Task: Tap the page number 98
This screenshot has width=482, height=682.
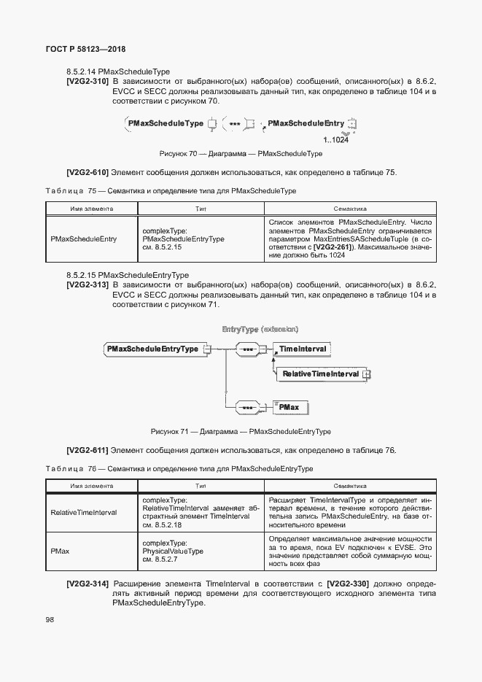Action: point(50,619)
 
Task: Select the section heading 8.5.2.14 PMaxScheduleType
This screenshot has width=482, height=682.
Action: point(117,71)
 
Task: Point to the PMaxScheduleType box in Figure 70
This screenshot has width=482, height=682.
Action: point(166,124)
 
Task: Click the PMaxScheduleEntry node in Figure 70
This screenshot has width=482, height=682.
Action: point(306,124)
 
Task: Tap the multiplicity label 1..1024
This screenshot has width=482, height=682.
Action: point(335,139)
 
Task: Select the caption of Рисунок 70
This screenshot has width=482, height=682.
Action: point(241,154)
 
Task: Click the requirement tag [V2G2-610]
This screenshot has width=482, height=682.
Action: point(88,173)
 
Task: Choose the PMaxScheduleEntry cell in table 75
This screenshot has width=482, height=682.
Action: point(84,239)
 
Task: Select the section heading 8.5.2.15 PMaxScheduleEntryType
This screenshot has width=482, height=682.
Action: point(128,275)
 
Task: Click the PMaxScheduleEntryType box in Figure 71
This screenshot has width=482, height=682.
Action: point(153,349)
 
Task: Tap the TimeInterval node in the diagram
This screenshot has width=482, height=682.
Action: point(302,349)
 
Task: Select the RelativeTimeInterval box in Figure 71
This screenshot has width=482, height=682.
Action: point(320,373)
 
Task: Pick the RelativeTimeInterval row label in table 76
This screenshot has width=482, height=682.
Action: point(84,513)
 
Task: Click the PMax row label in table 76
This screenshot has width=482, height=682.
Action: point(61,551)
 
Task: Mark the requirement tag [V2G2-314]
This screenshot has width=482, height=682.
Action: point(88,584)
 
